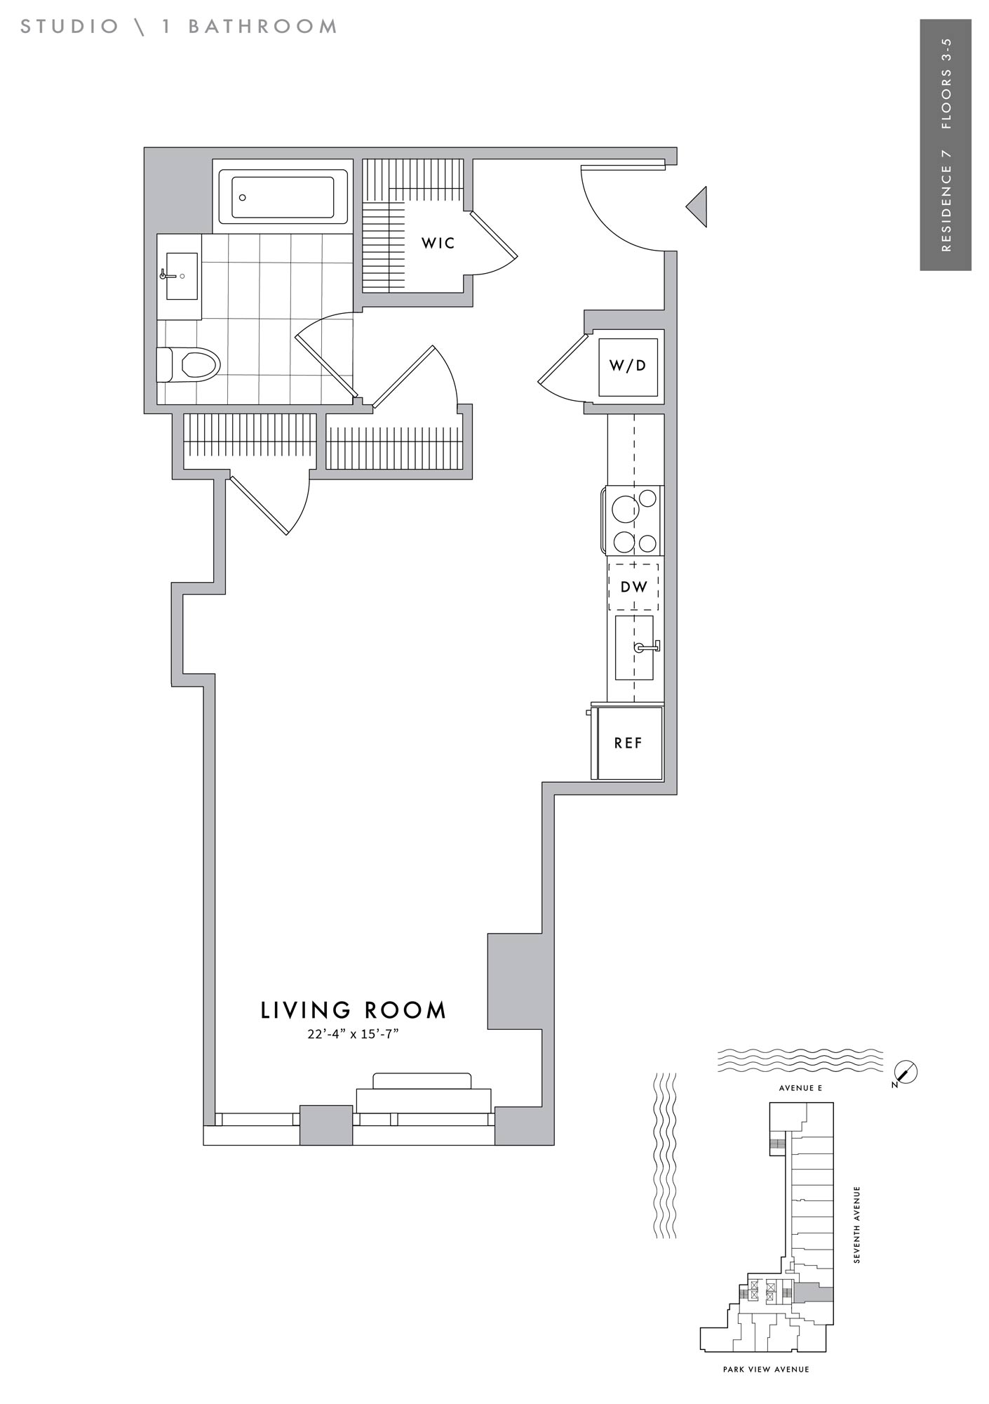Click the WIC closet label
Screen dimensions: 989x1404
click(438, 244)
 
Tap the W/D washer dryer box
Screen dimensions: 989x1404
click(628, 366)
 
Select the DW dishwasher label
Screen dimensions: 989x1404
click(633, 586)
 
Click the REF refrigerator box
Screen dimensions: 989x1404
click(628, 743)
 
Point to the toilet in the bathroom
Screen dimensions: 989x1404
click(189, 364)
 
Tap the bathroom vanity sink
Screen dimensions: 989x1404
click(182, 276)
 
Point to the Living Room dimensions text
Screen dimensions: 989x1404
click(353, 1035)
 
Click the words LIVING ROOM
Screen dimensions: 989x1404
click(354, 1010)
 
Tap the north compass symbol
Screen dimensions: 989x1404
click(906, 1073)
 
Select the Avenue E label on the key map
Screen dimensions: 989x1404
click(800, 1088)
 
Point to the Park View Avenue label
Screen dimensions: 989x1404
click(766, 1369)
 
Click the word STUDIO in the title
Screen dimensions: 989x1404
click(70, 27)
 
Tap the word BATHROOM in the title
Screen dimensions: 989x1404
click(263, 27)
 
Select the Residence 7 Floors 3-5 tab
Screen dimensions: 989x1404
click(946, 145)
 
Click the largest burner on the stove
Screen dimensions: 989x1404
click(624, 508)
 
